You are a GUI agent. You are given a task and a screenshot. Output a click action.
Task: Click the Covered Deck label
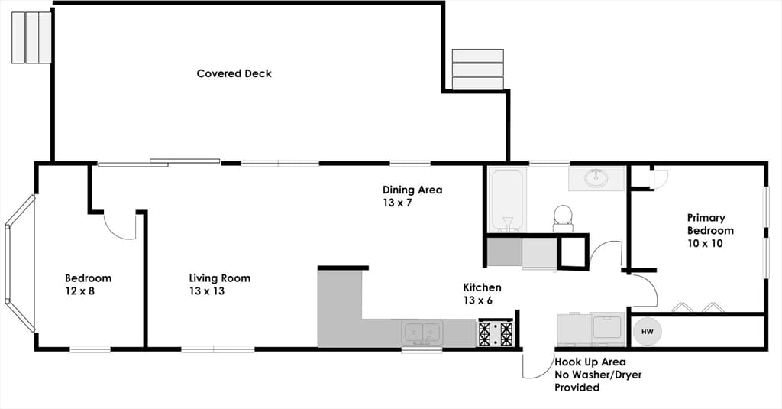click(x=234, y=73)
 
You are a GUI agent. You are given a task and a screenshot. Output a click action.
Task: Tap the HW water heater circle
click(x=647, y=332)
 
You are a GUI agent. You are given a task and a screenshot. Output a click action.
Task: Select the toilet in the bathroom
click(x=564, y=219)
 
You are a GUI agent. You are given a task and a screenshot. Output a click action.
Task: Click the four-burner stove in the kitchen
click(x=496, y=333)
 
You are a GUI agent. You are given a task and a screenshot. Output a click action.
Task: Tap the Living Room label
click(x=219, y=278)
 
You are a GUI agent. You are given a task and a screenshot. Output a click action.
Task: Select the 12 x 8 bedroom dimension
click(x=79, y=291)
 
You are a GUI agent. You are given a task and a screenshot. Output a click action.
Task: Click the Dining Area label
click(x=412, y=190)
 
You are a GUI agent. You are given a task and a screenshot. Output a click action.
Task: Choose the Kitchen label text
click(x=483, y=287)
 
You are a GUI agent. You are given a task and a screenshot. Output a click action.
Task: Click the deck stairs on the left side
click(x=31, y=37)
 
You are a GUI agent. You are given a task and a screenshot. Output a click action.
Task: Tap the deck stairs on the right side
click(x=478, y=70)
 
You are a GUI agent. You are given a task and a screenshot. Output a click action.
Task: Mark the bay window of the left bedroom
click(x=20, y=263)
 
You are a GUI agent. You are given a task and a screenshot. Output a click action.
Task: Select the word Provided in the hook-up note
click(x=577, y=388)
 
